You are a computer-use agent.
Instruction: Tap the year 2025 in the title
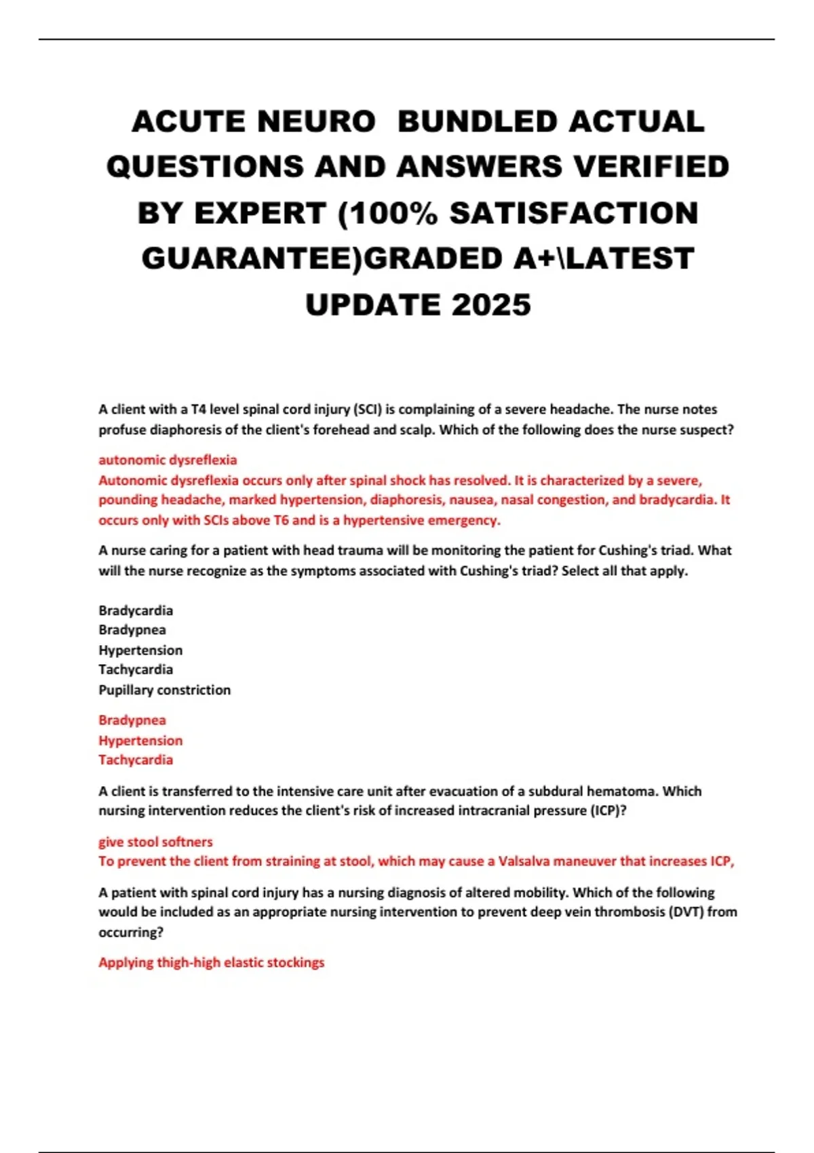click(491, 305)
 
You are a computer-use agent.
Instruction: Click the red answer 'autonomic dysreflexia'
click(168, 460)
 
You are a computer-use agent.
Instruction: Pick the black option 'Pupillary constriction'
click(164, 690)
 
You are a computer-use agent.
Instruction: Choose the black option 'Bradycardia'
click(136, 610)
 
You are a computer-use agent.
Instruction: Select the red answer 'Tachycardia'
click(136, 760)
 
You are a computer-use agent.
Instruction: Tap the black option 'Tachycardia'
click(136, 669)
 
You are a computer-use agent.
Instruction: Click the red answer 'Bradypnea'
click(132, 720)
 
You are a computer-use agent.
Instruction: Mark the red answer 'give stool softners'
click(155, 842)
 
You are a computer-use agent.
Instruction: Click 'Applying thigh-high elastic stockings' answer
click(211, 962)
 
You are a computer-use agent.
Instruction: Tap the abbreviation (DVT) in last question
click(686, 912)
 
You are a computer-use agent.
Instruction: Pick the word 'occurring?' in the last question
click(131, 933)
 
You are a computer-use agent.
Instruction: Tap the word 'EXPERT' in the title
click(260, 214)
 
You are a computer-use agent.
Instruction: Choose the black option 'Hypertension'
click(140, 650)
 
